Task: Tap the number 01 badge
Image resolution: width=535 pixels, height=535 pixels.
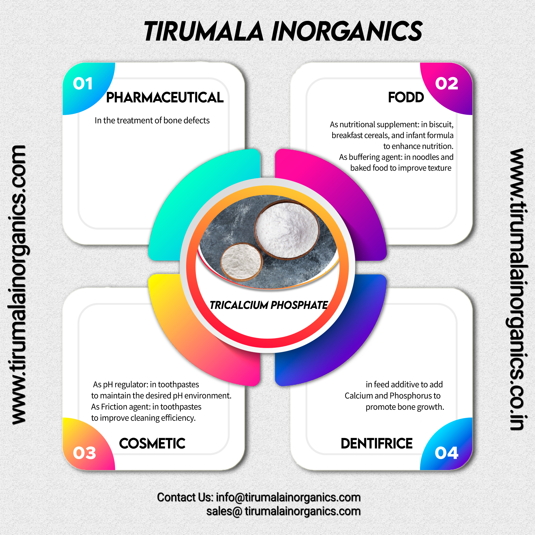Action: (x=82, y=84)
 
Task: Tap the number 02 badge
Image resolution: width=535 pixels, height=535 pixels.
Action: (x=446, y=84)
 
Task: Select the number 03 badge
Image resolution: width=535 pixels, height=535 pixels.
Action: (x=84, y=453)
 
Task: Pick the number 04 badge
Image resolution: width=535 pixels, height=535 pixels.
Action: (x=446, y=453)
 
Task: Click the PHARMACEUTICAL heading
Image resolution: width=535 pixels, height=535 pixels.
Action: (x=165, y=98)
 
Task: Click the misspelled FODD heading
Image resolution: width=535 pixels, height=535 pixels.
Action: (x=406, y=97)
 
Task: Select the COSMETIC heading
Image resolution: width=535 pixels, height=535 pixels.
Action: (x=152, y=444)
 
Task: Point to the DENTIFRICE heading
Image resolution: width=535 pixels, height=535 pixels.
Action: (x=376, y=444)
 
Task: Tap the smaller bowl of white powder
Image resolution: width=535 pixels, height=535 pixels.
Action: (x=241, y=262)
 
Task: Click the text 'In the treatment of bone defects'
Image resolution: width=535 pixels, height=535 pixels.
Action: (x=152, y=120)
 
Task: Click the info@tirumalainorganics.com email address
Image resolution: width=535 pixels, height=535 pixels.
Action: (x=288, y=497)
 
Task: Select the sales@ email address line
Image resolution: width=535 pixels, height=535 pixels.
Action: (x=283, y=511)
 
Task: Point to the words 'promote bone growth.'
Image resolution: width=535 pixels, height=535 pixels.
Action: (x=404, y=407)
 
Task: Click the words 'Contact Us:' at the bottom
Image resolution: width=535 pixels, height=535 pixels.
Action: (x=185, y=497)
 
